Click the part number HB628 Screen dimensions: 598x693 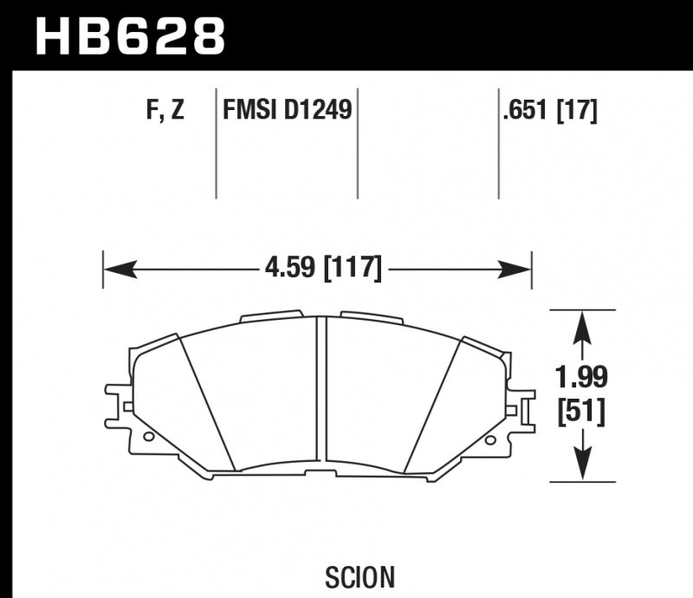[x=130, y=36]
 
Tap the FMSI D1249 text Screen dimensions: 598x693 [x=288, y=112]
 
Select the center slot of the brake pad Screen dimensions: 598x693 [x=321, y=390]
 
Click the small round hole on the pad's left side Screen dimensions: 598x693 [x=148, y=437]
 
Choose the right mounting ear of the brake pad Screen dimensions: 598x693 [x=522, y=406]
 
